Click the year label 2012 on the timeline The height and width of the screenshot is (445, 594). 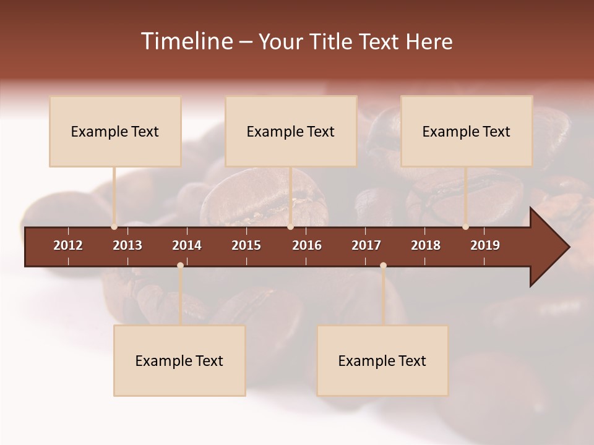(x=68, y=245)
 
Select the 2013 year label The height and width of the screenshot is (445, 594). (x=127, y=245)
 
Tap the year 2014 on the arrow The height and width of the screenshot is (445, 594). (x=187, y=245)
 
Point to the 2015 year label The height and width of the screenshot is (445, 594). (x=246, y=245)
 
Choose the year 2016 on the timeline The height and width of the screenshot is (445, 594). (x=307, y=245)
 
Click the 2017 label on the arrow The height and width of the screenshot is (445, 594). (x=366, y=245)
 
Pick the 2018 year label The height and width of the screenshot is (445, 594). (x=426, y=245)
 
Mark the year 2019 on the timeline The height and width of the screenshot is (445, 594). (x=485, y=245)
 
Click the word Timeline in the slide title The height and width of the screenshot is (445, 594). (x=186, y=41)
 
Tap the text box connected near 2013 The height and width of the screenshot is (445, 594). (x=115, y=131)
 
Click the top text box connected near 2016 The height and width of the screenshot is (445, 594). (x=291, y=131)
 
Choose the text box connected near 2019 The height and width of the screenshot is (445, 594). (x=467, y=131)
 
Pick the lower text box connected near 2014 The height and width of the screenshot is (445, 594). (x=179, y=360)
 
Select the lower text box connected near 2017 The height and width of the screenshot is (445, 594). (x=382, y=360)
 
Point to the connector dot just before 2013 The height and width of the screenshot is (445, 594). (x=114, y=227)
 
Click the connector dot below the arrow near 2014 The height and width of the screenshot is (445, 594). (x=180, y=265)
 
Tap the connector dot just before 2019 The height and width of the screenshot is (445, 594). (x=465, y=227)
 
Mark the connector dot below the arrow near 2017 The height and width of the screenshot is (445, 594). (x=383, y=265)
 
